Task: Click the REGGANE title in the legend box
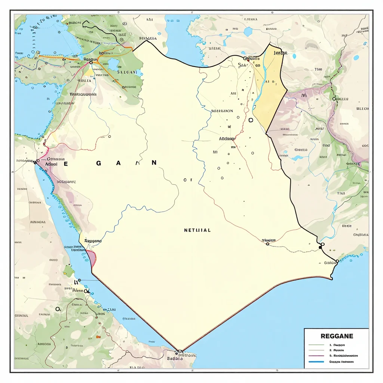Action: [x=336, y=336]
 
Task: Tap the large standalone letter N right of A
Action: [x=154, y=163]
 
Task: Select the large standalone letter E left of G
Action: [x=66, y=164]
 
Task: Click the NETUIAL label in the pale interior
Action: [x=197, y=230]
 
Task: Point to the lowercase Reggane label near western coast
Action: [x=93, y=241]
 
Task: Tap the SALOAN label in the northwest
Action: [x=127, y=72]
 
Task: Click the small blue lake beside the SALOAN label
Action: [x=114, y=65]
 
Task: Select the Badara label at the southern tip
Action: [x=175, y=358]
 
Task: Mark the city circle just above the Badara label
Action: [x=179, y=352]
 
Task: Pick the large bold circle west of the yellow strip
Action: [x=251, y=120]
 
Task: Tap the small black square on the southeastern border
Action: [x=320, y=247]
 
